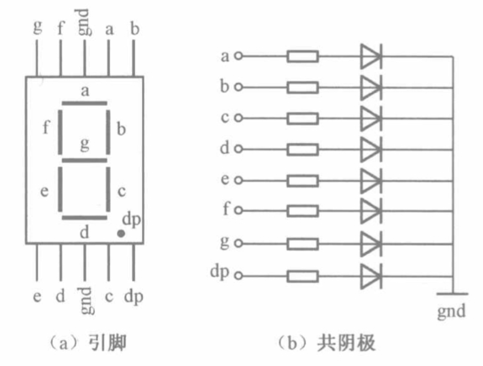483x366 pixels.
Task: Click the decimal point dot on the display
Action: pos(120,232)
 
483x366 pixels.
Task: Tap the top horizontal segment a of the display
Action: pos(84,103)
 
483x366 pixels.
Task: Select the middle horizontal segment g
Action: pos(84,161)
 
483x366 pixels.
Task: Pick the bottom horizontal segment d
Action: pos(84,217)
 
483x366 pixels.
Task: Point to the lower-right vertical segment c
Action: pos(108,189)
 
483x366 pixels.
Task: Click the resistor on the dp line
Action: pos(303,276)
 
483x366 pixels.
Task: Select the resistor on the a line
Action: pos(303,56)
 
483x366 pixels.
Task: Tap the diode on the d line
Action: pos(371,150)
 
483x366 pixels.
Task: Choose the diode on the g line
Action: pos(371,244)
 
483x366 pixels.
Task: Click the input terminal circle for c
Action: pos(238,118)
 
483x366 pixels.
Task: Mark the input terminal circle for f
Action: pos(238,211)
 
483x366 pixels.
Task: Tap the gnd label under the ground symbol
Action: pos(452,310)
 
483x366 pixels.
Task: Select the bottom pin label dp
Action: pos(134,296)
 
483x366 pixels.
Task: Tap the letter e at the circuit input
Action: pos(225,180)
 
